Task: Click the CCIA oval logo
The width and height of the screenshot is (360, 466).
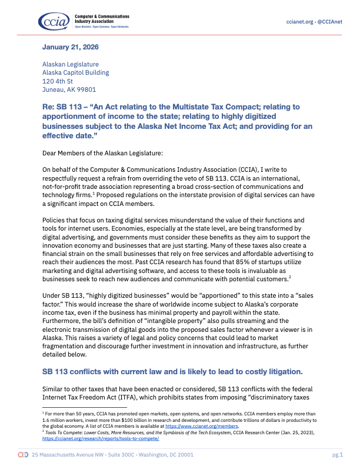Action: click(x=54, y=21)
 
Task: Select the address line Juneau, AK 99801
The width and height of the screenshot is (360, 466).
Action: click(x=69, y=90)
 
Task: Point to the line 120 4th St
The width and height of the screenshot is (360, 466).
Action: click(x=58, y=81)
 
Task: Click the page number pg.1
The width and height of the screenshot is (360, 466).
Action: click(x=337, y=455)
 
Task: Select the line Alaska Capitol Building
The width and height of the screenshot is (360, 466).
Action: click(x=75, y=73)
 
